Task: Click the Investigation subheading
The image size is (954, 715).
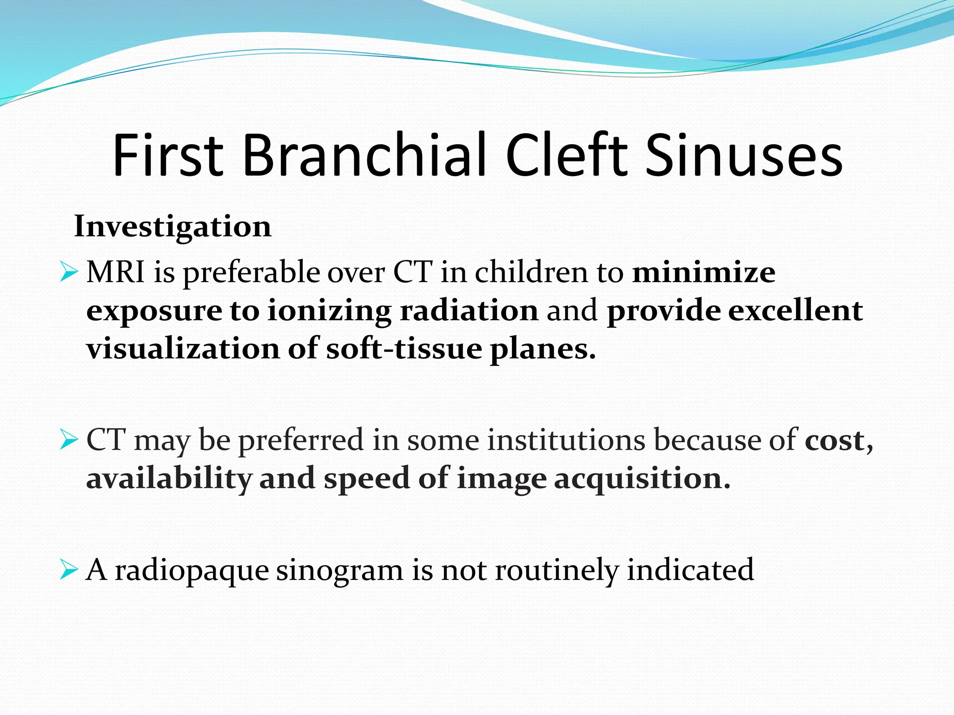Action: [172, 227]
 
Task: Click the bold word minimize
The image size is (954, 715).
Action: [703, 272]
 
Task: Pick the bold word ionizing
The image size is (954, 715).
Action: [329, 311]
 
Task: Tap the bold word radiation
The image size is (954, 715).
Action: [469, 310]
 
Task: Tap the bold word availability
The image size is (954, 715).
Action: [169, 479]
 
